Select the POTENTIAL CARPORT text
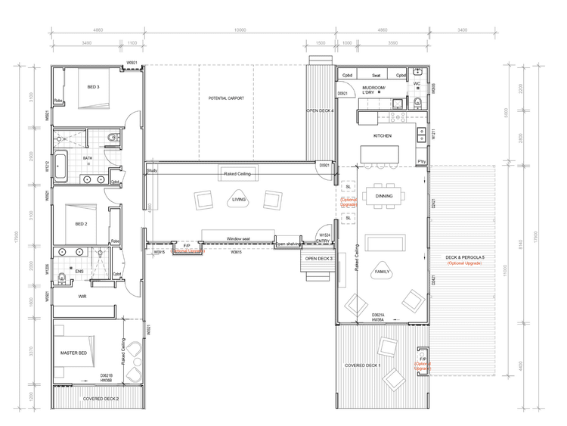click(228, 99)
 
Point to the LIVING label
click(239, 201)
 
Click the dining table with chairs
click(384, 195)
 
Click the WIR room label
click(82, 297)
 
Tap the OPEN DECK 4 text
click(319, 111)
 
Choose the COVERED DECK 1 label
click(364, 365)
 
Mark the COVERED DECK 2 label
click(101, 398)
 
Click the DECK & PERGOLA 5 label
click(466, 257)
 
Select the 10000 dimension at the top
click(240, 31)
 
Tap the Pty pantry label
click(421, 162)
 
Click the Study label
click(152, 170)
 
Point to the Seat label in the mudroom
click(376, 76)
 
